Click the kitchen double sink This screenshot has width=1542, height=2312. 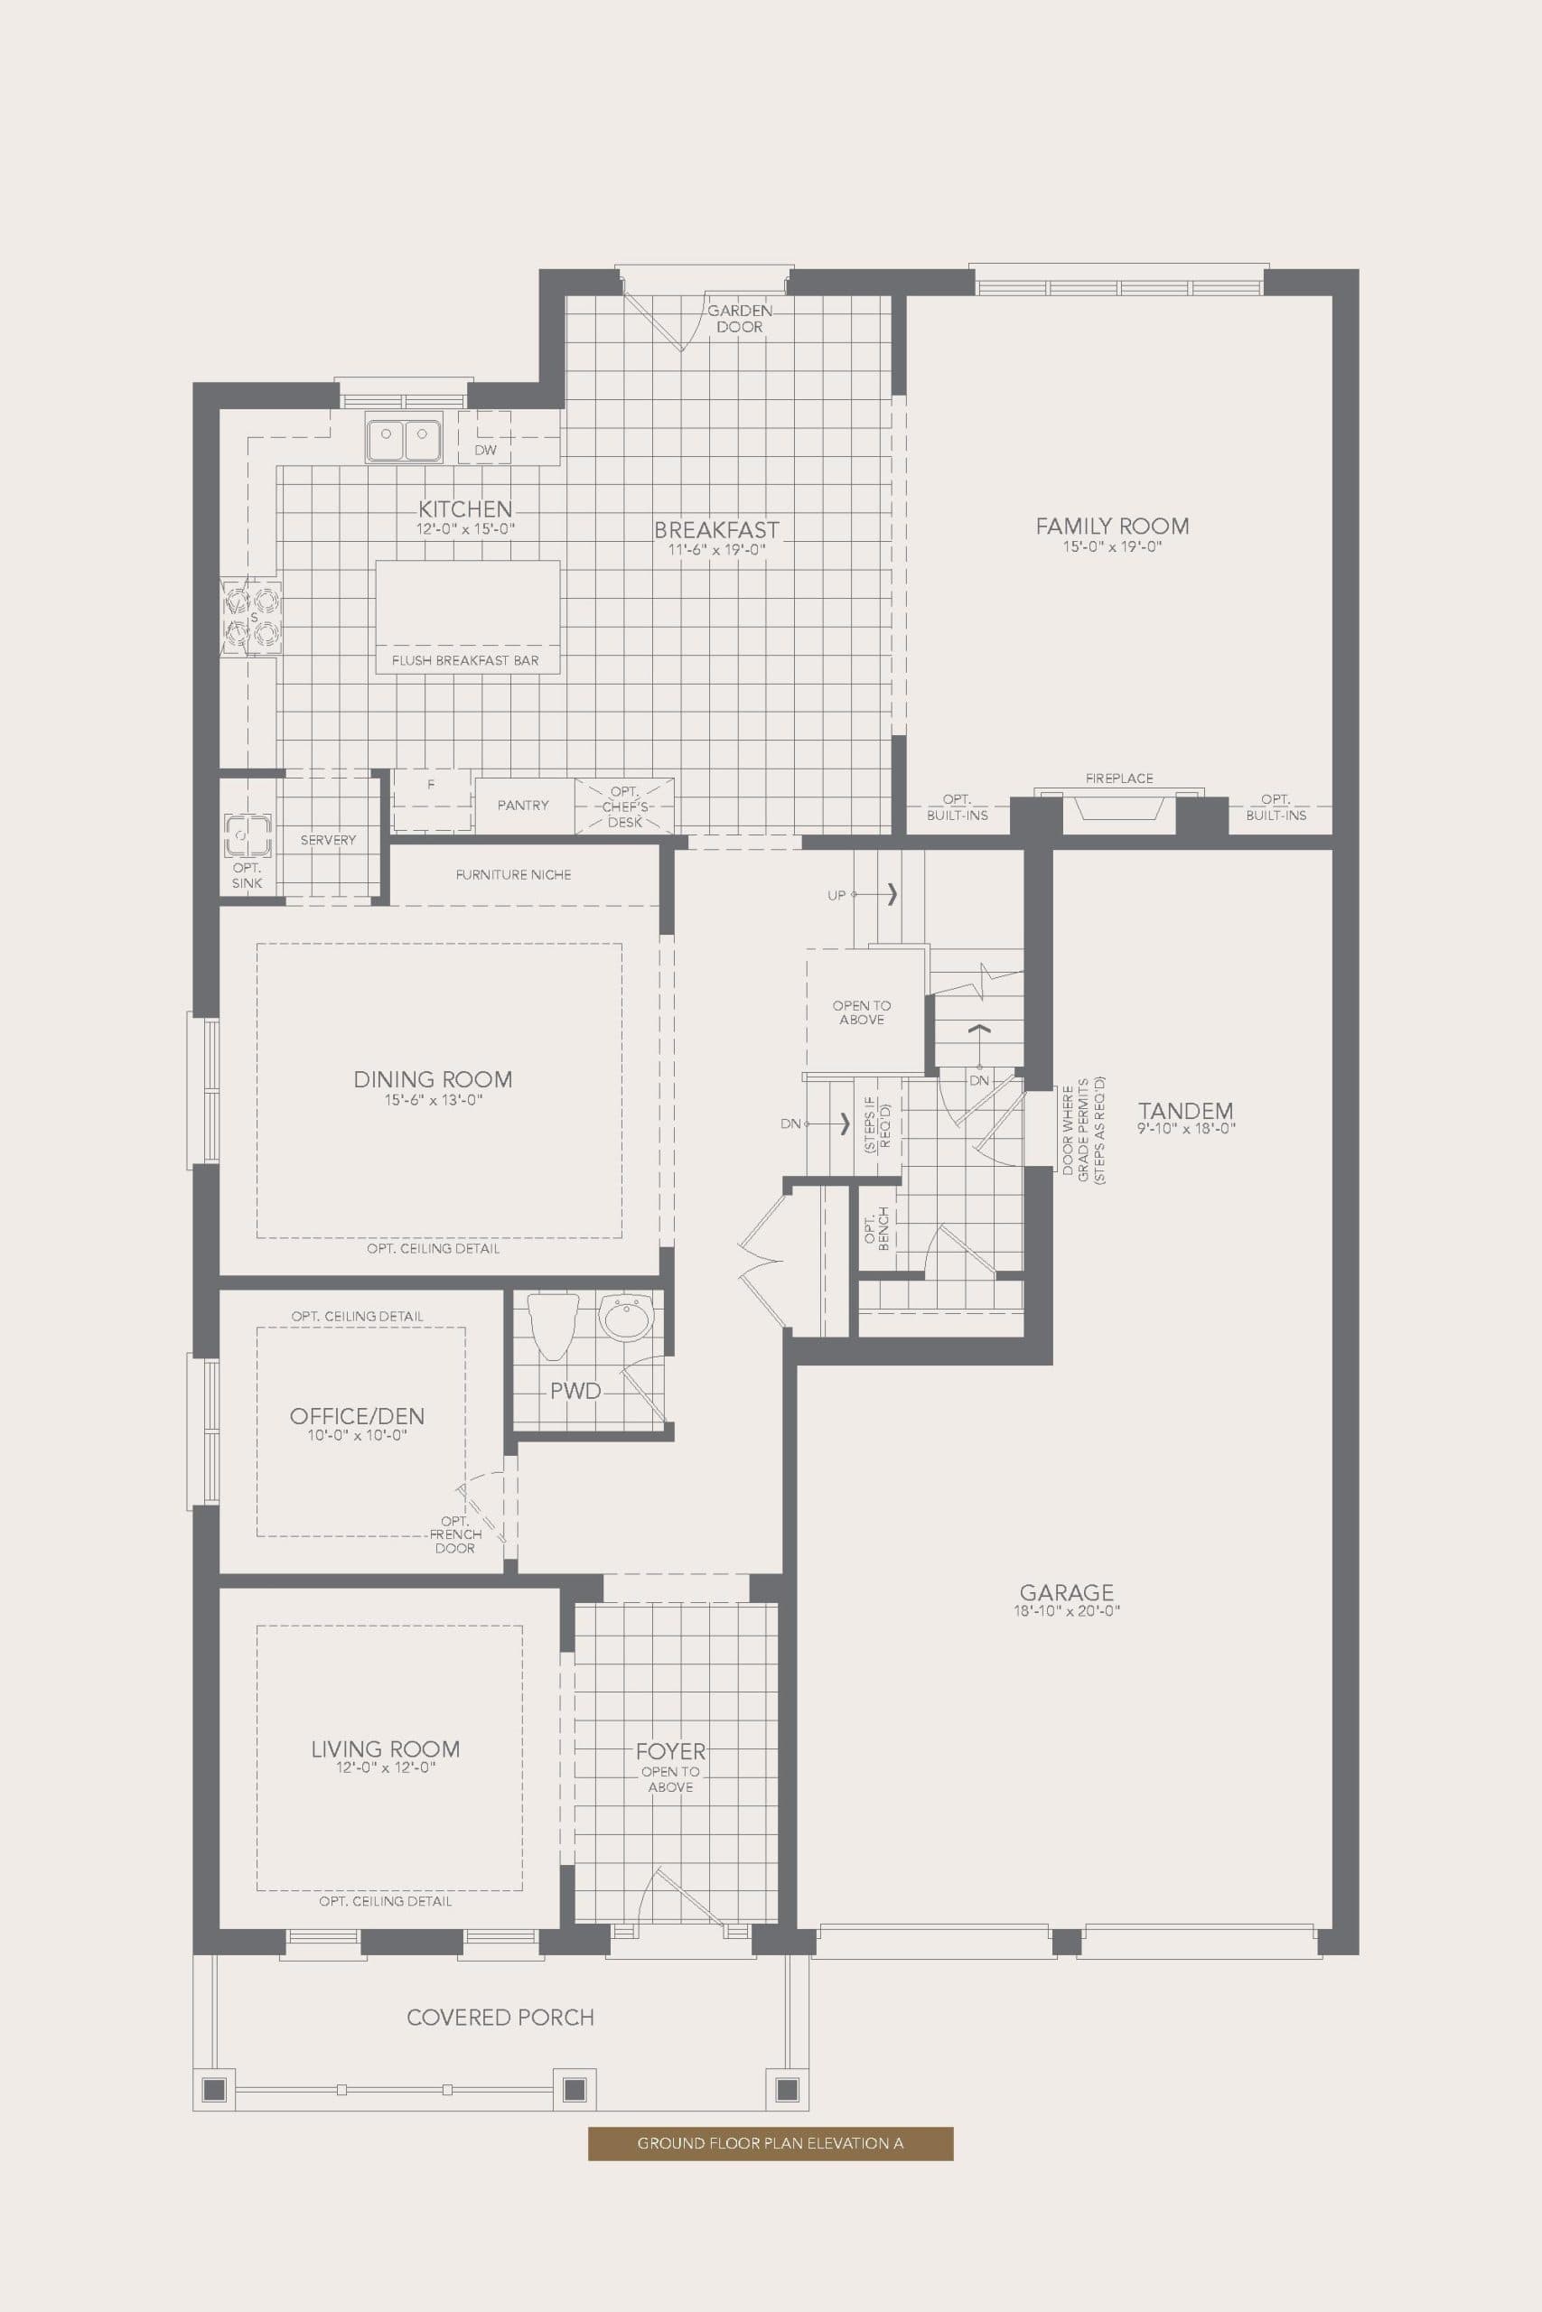(x=403, y=438)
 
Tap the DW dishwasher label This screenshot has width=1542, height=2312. (x=485, y=451)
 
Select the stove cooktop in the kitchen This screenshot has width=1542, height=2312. (x=253, y=618)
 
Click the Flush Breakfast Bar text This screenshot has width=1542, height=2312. (x=465, y=660)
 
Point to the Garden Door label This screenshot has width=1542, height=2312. (x=740, y=319)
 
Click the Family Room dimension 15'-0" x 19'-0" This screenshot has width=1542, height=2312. (x=1112, y=546)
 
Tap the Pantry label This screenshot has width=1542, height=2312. (x=522, y=805)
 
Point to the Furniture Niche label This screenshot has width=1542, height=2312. (x=513, y=874)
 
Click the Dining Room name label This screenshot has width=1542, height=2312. (x=433, y=1079)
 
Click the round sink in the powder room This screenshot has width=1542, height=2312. (x=625, y=1319)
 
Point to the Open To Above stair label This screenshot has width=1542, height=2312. (x=862, y=1012)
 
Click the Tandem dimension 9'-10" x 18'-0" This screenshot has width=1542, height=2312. (x=1186, y=1129)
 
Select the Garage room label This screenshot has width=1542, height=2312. (x=1066, y=1591)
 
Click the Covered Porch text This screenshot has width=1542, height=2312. (x=500, y=2017)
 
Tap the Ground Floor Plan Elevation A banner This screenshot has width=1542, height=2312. (x=770, y=2143)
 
